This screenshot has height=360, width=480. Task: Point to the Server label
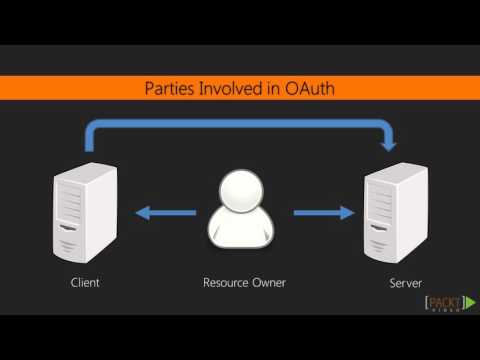[x=406, y=283]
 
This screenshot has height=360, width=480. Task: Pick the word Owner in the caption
[x=270, y=283]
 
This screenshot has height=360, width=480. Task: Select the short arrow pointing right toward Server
[x=322, y=212]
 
